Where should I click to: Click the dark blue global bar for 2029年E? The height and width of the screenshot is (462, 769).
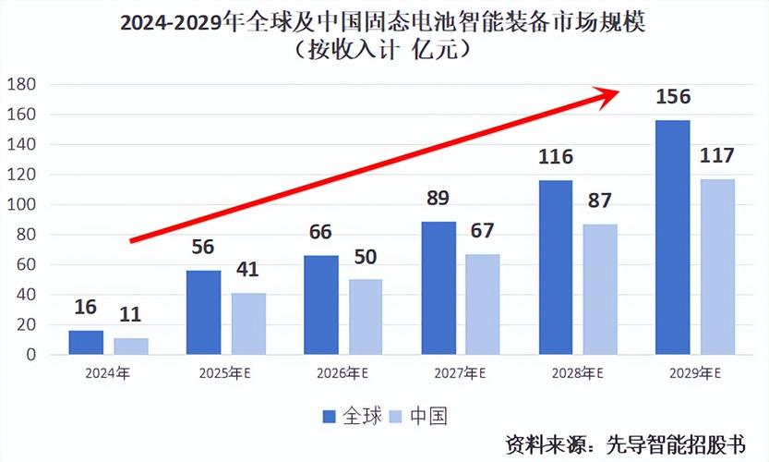(671, 237)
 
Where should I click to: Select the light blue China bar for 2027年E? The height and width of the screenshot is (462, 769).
(482, 304)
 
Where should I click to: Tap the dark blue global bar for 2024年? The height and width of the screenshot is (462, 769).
(86, 342)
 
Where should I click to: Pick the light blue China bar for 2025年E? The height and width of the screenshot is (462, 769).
(248, 323)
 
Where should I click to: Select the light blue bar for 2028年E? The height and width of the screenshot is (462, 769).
(600, 289)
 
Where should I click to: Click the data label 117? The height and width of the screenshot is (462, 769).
(717, 155)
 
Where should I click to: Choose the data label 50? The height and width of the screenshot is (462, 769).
(366, 256)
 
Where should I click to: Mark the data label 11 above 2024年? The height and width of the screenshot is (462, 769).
(130, 314)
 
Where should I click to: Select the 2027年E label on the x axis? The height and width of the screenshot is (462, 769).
(460, 374)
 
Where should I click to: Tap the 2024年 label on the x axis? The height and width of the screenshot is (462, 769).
(108, 374)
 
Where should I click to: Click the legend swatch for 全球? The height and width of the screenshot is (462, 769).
(330, 417)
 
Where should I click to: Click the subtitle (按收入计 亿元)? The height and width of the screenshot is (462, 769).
(384, 49)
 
